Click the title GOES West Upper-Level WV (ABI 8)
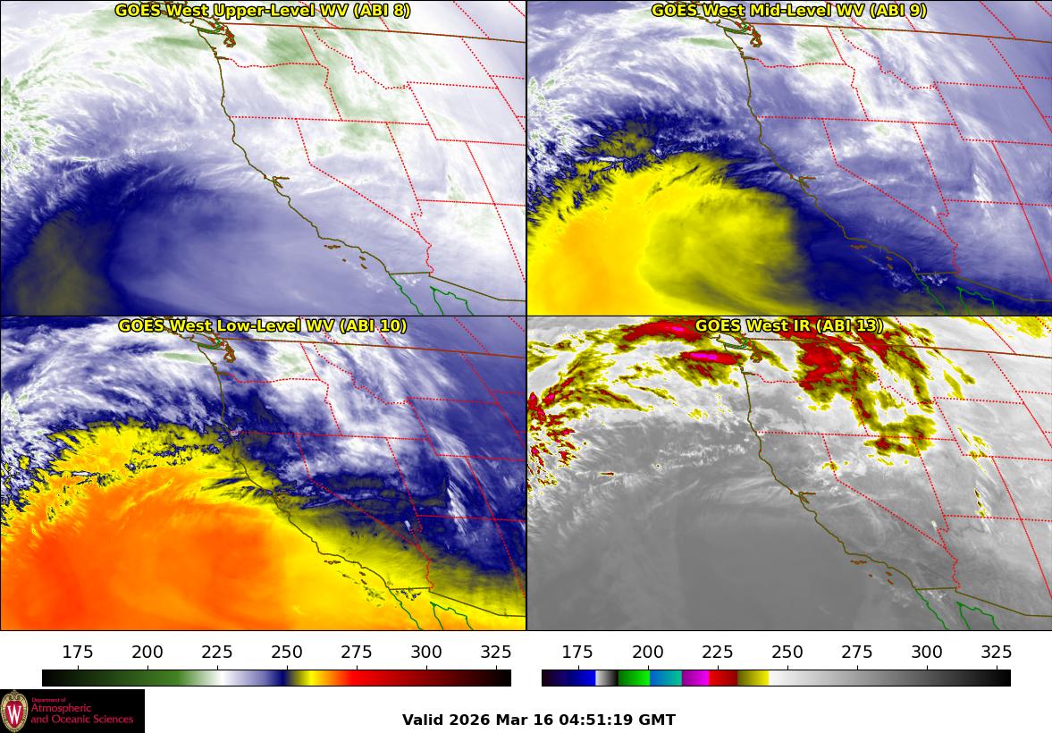click(x=262, y=11)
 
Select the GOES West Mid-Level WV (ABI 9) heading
click(x=788, y=11)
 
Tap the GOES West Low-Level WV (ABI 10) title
click(x=262, y=326)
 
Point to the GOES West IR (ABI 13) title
click(x=788, y=326)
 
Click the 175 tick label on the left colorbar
click(x=78, y=652)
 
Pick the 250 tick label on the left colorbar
click(x=287, y=652)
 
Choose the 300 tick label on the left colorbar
click(x=426, y=652)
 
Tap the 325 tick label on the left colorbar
click(x=496, y=652)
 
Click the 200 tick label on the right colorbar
click(x=647, y=652)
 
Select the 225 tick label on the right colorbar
click(x=717, y=652)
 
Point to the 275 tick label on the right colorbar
click(x=856, y=652)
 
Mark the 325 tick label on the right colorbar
click(x=996, y=652)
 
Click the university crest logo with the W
click(x=14, y=711)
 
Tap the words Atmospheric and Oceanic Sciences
click(x=82, y=713)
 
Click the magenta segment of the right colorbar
click(x=694, y=678)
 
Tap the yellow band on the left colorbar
click(x=304, y=678)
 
